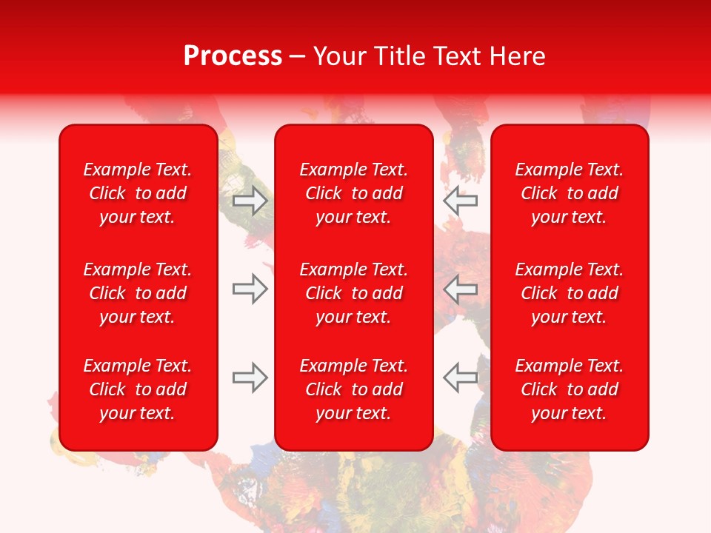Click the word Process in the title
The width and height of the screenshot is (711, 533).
[x=233, y=56]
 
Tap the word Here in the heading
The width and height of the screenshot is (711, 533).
[x=515, y=56]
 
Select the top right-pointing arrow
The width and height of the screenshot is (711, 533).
[x=250, y=201]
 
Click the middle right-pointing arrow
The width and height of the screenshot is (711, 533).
[x=250, y=289]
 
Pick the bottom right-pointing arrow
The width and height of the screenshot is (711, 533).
[x=250, y=378]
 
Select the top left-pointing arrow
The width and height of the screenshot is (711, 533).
[x=461, y=201]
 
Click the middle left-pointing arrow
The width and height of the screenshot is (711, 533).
[x=461, y=289]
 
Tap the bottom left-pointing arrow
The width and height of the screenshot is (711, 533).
[x=461, y=378]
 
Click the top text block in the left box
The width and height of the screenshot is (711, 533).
[x=138, y=193]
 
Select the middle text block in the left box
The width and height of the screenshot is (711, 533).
[x=138, y=293]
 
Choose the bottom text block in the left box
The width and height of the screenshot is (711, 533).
[x=138, y=389]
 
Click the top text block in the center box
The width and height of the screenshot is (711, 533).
[x=354, y=193]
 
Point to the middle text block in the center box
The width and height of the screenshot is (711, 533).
[x=354, y=293]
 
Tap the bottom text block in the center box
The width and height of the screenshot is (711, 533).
[x=354, y=389]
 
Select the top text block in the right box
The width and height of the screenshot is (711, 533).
[x=570, y=193]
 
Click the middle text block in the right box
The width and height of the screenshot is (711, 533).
[x=570, y=293]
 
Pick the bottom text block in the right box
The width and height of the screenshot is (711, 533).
[x=570, y=389]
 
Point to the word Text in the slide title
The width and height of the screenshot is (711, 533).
[x=459, y=56]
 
